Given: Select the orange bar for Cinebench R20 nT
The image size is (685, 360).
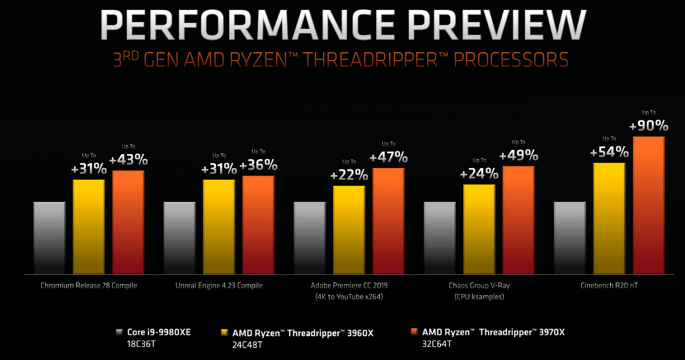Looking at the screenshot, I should coord(649,204).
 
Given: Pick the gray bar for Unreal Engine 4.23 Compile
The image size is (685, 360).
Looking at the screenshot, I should coord(179,237).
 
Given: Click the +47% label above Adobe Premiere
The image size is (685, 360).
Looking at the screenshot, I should coord(389,158).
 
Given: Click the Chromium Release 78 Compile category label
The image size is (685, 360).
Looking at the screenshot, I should coord(89,286).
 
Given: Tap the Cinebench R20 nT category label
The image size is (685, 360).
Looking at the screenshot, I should coord(609,286).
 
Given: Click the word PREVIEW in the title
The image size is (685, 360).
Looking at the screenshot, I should coord(469,25).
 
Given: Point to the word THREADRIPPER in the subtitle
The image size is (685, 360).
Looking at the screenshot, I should coord(387,60).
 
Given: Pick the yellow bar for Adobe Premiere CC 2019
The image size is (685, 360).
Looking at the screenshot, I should coord(349,229).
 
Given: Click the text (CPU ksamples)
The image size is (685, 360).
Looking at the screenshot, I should coord(479,296).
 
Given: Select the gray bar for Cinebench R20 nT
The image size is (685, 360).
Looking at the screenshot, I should coord(570,237).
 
